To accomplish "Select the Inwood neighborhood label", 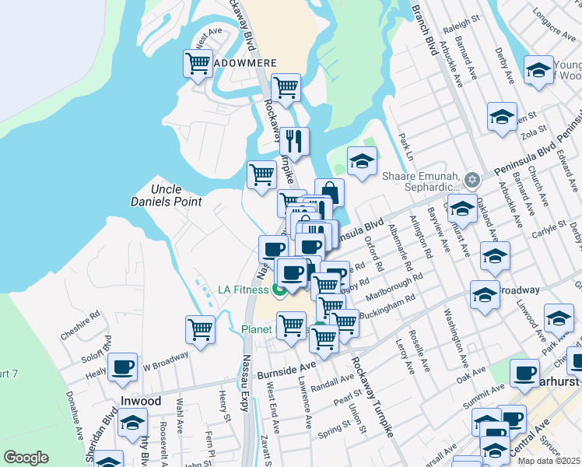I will tap(141, 402).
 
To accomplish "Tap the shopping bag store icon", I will tap(329, 192).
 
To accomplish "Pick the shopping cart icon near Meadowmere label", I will tap(198, 63).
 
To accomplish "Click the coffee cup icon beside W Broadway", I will tap(121, 367).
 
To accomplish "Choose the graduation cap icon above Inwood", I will tap(134, 424).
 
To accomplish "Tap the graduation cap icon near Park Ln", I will tap(362, 161).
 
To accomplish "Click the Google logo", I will tap(26, 458).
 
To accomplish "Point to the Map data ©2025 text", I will tap(549, 461).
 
